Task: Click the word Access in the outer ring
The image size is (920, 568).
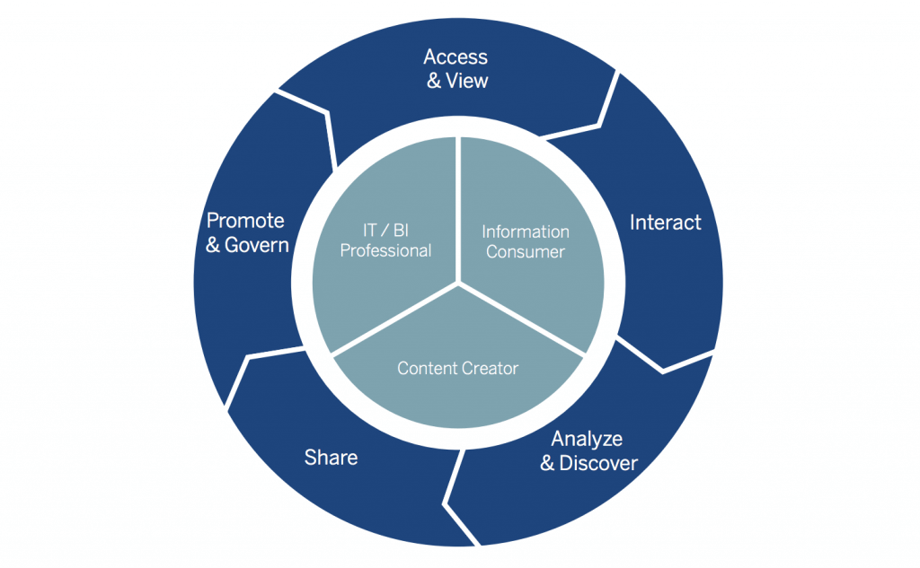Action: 456,57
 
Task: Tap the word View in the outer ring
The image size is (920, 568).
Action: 467,81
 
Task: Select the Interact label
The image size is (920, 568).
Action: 665,223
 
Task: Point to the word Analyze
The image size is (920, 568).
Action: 586,440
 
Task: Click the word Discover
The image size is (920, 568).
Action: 598,463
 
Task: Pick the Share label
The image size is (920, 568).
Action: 331,458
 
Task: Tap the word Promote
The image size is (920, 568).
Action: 245,221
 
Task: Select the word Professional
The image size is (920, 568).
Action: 385,251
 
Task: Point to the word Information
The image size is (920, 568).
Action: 526,232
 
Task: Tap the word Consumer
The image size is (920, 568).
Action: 526,252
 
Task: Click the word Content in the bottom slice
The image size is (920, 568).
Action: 427,368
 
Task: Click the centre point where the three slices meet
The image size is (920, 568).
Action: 460,284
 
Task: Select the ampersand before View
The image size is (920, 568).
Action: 434,81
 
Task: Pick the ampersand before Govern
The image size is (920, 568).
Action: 213,244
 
